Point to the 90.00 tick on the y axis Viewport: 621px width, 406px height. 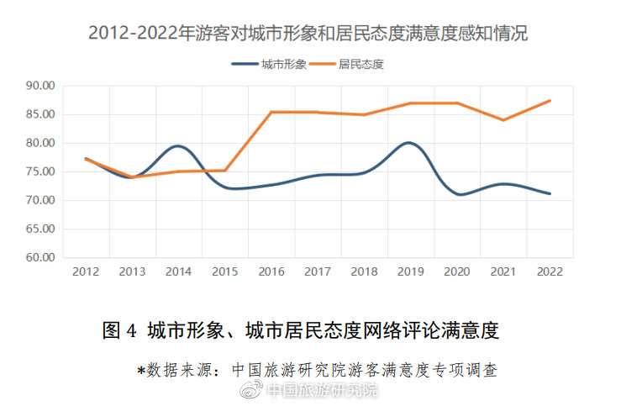pos(39,86)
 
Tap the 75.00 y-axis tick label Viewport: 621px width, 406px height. pos(39,171)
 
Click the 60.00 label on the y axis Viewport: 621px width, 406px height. pos(39,257)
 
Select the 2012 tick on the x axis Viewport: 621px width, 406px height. pos(86,272)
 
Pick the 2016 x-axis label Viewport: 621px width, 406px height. pos(271,272)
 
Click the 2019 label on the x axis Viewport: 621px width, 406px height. pos(410,272)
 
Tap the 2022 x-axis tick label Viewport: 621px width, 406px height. pos(550,272)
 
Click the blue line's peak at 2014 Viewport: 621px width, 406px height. pos(178,146)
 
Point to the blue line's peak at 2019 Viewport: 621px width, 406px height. pos(409,143)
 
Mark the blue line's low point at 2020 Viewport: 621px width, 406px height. pos(459,195)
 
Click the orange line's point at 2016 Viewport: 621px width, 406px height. pos(271,112)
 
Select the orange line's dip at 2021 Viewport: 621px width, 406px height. pos(503,120)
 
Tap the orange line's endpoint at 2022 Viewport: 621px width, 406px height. pos(550,101)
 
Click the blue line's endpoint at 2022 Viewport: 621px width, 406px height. pos(550,193)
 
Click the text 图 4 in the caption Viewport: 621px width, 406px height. pos(118,330)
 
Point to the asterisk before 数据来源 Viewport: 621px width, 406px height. pos(141,369)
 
